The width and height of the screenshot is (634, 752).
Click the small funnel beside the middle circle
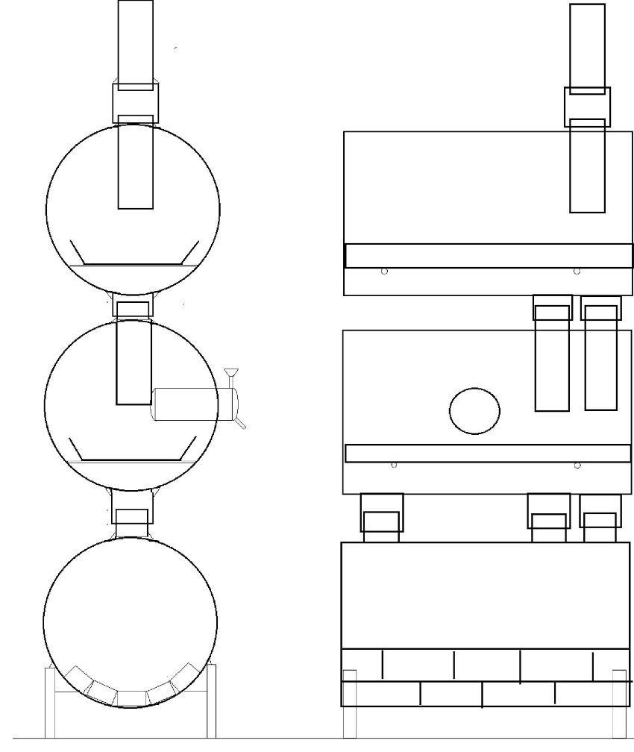coord(230,372)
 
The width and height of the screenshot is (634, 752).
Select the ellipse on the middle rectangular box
coord(474,410)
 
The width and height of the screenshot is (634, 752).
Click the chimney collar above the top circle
coord(135,102)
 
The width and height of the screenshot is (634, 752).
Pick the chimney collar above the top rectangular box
coord(587,106)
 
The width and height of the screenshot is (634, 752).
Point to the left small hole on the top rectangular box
coord(384,272)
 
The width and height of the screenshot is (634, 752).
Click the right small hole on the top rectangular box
coord(577,272)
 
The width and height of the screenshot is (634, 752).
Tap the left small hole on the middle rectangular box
coord(394,466)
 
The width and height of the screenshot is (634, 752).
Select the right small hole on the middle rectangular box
coord(577,466)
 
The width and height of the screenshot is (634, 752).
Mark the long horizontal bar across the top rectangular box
coord(489,255)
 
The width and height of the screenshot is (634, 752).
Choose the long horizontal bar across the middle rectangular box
coord(489,453)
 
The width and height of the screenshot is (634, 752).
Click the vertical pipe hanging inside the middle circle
coord(134,361)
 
